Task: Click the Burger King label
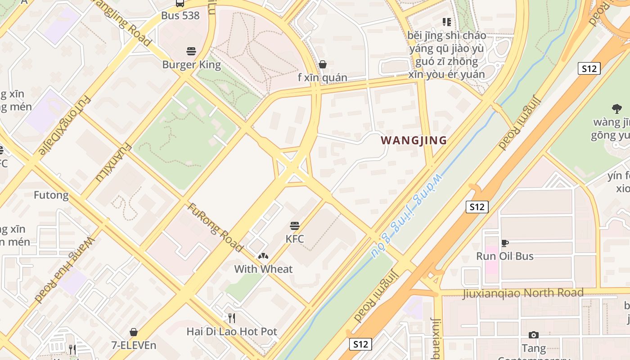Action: tap(192, 65)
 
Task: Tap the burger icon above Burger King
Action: tap(191, 51)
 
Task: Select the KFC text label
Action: tap(295, 239)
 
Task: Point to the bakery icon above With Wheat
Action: tap(263, 256)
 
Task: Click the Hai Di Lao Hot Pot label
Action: tap(232, 332)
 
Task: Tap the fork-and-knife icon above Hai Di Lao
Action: tap(231, 318)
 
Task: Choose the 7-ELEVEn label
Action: tap(134, 346)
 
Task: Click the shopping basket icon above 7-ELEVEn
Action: tap(134, 332)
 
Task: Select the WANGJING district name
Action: tap(414, 140)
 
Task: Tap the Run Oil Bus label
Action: tap(505, 256)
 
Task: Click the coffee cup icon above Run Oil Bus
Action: tap(505, 243)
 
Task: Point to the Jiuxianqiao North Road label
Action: tap(523, 293)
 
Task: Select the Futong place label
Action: tap(51, 195)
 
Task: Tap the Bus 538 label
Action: tap(180, 16)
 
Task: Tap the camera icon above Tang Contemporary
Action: tap(534, 335)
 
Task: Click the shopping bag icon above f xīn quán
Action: tap(322, 64)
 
